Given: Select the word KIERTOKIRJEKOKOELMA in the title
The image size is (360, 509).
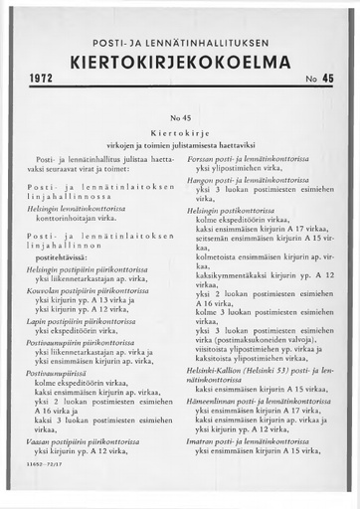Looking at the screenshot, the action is point(180,61).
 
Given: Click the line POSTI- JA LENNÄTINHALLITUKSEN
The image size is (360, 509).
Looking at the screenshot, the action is point(180,41).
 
